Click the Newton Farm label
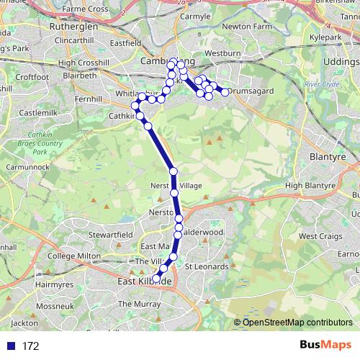[x=248, y=26]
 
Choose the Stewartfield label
[x=110, y=234]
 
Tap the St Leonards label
[x=206, y=266]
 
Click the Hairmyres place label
[x=33, y=285]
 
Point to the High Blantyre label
[x=311, y=185]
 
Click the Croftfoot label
[x=31, y=76]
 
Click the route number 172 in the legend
[x=30, y=346]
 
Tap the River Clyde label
[x=321, y=84]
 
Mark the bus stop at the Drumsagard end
[x=225, y=92]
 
